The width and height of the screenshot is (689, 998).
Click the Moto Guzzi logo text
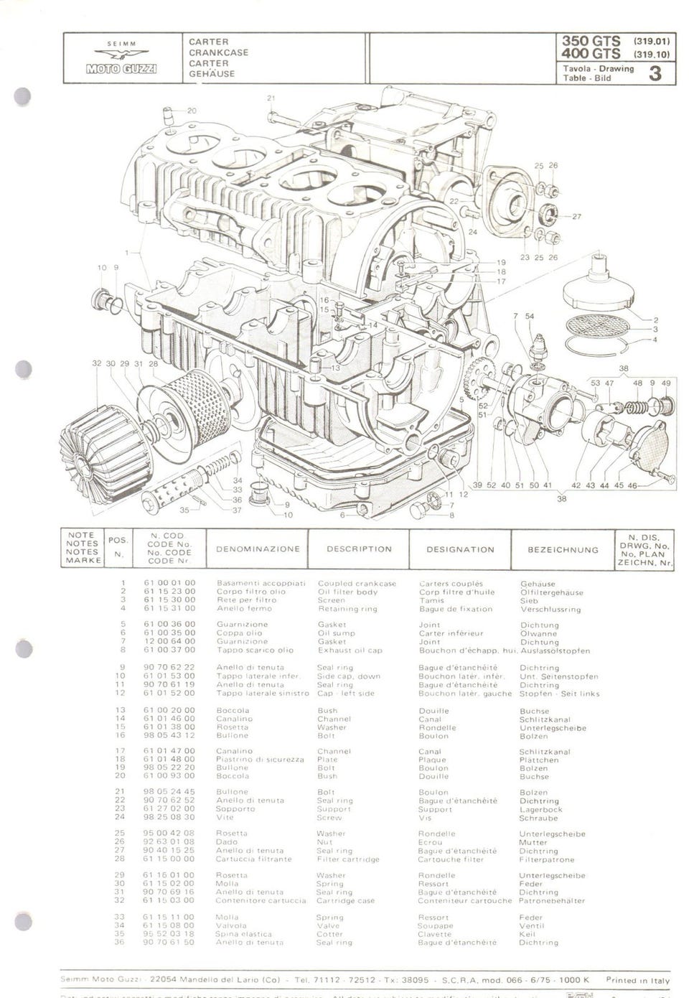click(x=122, y=69)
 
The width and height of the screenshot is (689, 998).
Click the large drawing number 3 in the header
click(x=654, y=73)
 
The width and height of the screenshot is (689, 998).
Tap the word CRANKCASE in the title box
click(x=218, y=52)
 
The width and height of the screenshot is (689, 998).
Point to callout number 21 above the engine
click(x=271, y=98)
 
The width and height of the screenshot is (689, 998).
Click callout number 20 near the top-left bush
click(x=192, y=111)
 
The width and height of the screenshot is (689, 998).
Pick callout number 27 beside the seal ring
click(x=576, y=216)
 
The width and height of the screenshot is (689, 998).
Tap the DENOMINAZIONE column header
click(x=258, y=549)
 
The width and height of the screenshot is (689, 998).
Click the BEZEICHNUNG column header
click(x=563, y=550)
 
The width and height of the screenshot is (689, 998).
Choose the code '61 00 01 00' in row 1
click(x=169, y=584)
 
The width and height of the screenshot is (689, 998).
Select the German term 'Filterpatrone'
click(x=547, y=859)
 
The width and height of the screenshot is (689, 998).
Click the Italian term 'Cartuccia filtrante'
click(x=254, y=859)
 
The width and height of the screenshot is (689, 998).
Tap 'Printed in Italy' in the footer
click(x=637, y=980)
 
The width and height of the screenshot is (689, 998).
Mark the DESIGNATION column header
click(x=460, y=550)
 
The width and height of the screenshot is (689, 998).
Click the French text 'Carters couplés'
click(x=451, y=584)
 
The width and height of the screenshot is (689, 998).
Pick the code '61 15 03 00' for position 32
click(x=169, y=900)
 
